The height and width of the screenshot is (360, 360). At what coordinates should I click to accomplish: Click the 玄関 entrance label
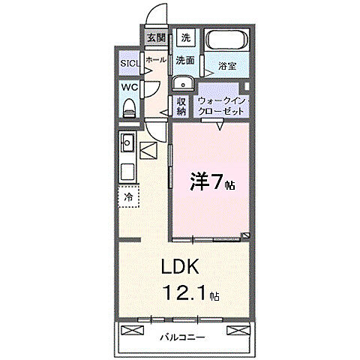pos(156,38)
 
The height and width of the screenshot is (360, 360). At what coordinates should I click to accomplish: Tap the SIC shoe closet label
pos(128,64)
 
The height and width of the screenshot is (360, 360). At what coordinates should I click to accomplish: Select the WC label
pos(127,87)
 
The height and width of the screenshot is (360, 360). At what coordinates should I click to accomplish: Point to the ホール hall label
pos(155,59)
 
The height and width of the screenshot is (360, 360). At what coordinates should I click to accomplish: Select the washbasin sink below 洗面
pos(182,82)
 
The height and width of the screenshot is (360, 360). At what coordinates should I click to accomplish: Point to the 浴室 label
pos(227,66)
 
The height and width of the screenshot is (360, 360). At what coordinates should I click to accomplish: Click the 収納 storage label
pos(181,106)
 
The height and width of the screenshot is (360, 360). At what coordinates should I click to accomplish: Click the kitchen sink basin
pos(127,141)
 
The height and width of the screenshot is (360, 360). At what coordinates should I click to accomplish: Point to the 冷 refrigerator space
pos(128,196)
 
